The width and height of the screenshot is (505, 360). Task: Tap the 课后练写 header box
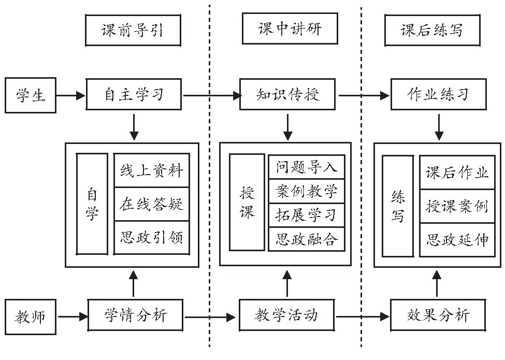point(431,30)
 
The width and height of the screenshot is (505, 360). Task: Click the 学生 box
point(30,95)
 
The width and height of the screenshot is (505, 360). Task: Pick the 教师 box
point(30,315)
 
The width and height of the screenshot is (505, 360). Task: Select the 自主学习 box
point(134,95)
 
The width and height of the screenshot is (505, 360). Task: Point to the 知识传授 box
point(288,95)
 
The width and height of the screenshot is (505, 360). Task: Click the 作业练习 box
point(438,95)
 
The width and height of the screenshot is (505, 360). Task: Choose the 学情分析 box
point(136,315)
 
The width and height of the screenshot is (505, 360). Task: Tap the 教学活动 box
point(286,315)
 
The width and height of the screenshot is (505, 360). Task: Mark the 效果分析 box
point(438,315)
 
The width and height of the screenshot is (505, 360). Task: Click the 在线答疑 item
point(151,204)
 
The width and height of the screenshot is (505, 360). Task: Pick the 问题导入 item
point(307,167)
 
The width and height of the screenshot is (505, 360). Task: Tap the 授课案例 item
point(457,206)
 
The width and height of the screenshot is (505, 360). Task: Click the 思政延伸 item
point(457,240)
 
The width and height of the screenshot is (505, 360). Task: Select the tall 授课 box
point(247,202)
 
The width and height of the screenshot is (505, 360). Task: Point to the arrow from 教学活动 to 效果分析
point(363,315)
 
